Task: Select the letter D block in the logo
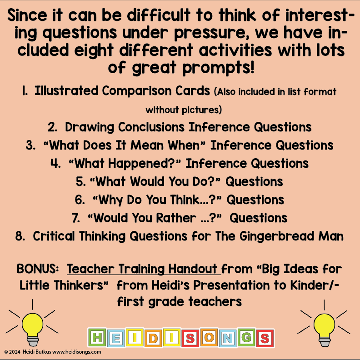click(x=155, y=338)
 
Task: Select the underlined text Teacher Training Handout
click(x=144, y=269)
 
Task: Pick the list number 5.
click(x=80, y=182)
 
